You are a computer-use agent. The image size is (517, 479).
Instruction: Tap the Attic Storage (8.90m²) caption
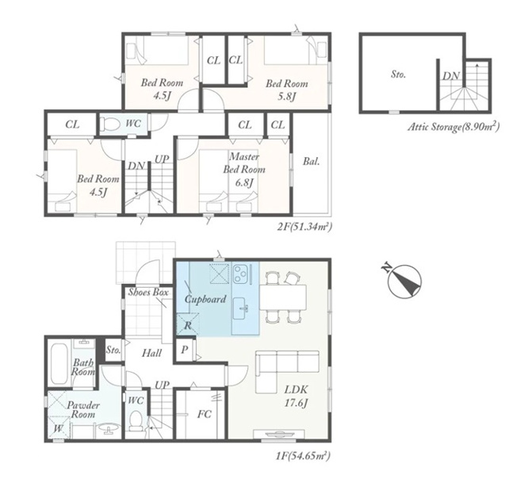[x=454, y=127]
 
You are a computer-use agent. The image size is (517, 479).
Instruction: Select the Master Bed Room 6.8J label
[x=244, y=170]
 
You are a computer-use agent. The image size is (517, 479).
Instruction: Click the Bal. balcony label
[x=312, y=162]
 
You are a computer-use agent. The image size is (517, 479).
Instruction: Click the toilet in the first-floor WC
[x=135, y=421]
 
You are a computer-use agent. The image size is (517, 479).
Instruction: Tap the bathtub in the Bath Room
[x=59, y=364]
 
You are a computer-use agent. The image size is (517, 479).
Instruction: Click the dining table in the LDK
[x=283, y=297]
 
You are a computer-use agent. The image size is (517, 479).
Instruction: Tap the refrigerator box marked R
[x=188, y=324]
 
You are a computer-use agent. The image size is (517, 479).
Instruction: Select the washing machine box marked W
[x=59, y=428]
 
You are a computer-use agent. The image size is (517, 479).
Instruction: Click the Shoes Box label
[x=148, y=292]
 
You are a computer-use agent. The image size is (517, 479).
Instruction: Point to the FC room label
[x=204, y=414]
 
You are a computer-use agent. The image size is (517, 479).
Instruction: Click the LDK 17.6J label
[x=296, y=397]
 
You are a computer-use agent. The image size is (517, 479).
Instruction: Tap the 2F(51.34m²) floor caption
[x=304, y=227]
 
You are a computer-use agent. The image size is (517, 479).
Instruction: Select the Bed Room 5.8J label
[x=287, y=90]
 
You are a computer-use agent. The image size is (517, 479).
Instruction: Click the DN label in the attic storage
[x=450, y=76]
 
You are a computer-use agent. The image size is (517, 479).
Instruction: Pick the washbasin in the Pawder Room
[x=109, y=427]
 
